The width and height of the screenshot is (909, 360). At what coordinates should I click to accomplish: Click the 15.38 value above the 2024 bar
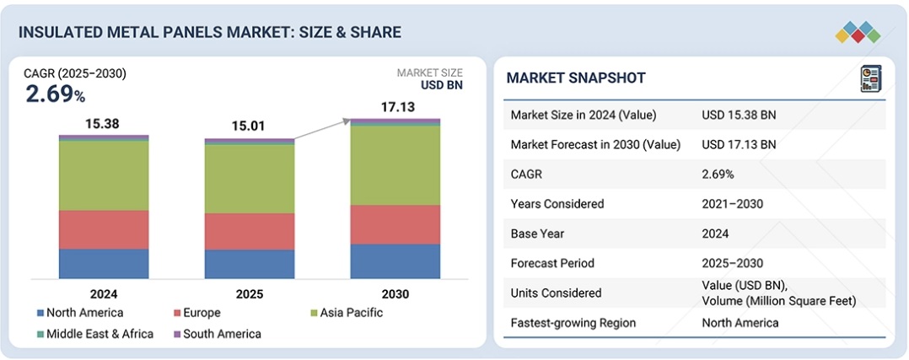[102, 124]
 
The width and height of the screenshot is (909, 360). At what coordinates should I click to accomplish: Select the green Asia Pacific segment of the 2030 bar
[395, 165]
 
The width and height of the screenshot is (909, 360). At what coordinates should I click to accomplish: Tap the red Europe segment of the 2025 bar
[250, 231]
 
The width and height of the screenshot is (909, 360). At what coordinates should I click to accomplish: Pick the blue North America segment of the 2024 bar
[103, 263]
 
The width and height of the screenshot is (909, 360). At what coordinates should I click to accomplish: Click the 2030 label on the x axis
[395, 294]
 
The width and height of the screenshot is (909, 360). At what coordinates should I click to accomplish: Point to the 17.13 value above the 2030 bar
[395, 108]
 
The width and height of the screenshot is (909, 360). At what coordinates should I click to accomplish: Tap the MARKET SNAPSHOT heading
[576, 78]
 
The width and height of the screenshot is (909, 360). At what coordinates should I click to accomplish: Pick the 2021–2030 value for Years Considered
[729, 204]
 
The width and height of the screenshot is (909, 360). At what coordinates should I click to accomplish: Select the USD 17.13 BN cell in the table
[739, 144]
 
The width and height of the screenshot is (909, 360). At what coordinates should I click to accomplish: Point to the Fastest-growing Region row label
[573, 323]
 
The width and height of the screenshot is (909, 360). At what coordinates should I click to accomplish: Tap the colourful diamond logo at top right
[858, 32]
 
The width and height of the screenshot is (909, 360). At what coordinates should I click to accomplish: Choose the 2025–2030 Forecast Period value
[729, 263]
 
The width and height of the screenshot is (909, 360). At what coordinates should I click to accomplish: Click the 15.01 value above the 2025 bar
[249, 127]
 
